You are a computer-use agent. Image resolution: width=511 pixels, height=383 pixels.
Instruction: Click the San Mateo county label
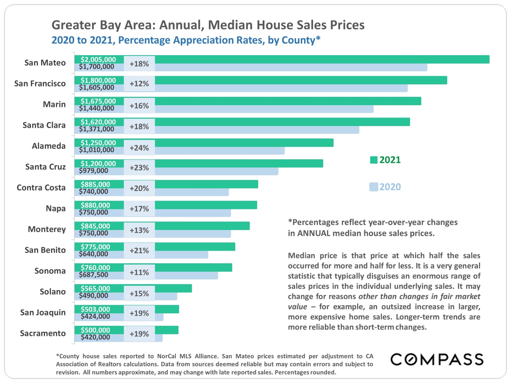[45, 63]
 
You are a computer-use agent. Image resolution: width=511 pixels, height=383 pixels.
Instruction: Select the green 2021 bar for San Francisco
[301, 80]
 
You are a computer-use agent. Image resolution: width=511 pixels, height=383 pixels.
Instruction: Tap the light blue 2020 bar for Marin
[263, 109]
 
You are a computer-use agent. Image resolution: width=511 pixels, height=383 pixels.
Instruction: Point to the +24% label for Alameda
[139, 148]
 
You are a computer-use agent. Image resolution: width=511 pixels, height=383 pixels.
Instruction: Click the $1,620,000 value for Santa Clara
[98, 122]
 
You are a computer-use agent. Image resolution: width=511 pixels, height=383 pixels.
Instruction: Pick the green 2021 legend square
[374, 160]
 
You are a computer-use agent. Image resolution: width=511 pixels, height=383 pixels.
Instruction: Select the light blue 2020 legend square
[374, 187]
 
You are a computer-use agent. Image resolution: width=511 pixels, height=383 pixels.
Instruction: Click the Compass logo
[437, 360]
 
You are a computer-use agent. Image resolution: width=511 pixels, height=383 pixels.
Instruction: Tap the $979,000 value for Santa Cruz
[93, 171]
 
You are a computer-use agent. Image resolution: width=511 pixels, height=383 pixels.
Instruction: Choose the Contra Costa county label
[41, 188]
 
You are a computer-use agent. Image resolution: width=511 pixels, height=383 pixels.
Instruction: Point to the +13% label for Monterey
[139, 230]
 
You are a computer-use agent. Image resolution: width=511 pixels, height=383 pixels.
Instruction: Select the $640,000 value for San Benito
[93, 254]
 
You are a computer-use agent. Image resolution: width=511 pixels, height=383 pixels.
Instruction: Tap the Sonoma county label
[50, 271]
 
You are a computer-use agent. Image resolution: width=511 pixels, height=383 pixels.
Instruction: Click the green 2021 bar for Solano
[173, 288]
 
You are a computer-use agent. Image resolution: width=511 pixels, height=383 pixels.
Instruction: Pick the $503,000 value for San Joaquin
[95, 309]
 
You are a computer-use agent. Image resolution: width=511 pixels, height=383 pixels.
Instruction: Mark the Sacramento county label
[43, 333]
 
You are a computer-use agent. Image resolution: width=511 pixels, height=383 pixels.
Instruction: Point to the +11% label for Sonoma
[139, 272]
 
